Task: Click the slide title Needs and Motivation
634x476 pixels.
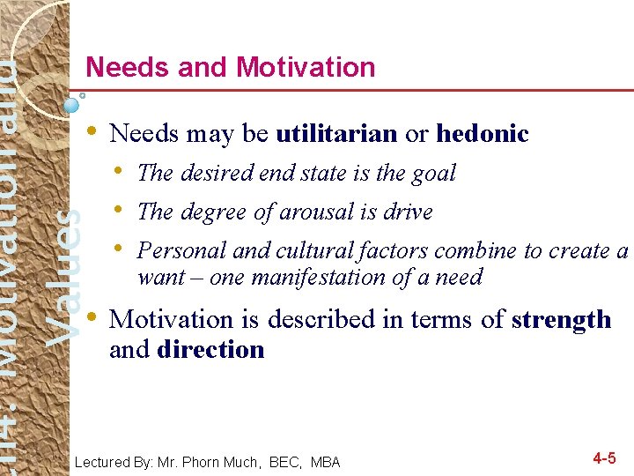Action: (x=231, y=67)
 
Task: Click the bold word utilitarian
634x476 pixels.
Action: (x=336, y=134)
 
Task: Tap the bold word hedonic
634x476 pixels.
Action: (x=483, y=134)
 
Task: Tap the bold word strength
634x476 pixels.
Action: (x=561, y=319)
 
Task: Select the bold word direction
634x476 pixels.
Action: (x=210, y=350)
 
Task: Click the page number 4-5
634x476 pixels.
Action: (x=604, y=458)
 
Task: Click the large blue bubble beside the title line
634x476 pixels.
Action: (x=72, y=104)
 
